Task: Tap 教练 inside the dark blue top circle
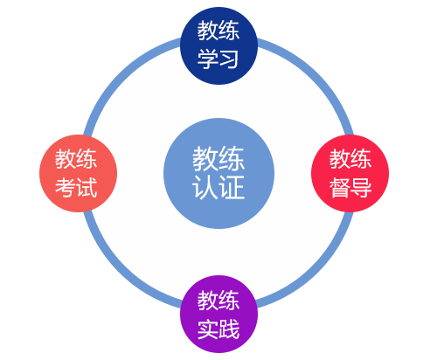pos(218,32)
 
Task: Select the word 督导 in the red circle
pos(350,188)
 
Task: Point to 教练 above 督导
pos(350,159)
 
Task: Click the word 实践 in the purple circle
pos(218,330)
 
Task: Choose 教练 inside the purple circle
pos(218,301)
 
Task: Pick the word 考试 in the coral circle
pos(77,188)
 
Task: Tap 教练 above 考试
pos(77,159)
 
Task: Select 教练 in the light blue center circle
pos(218,158)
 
